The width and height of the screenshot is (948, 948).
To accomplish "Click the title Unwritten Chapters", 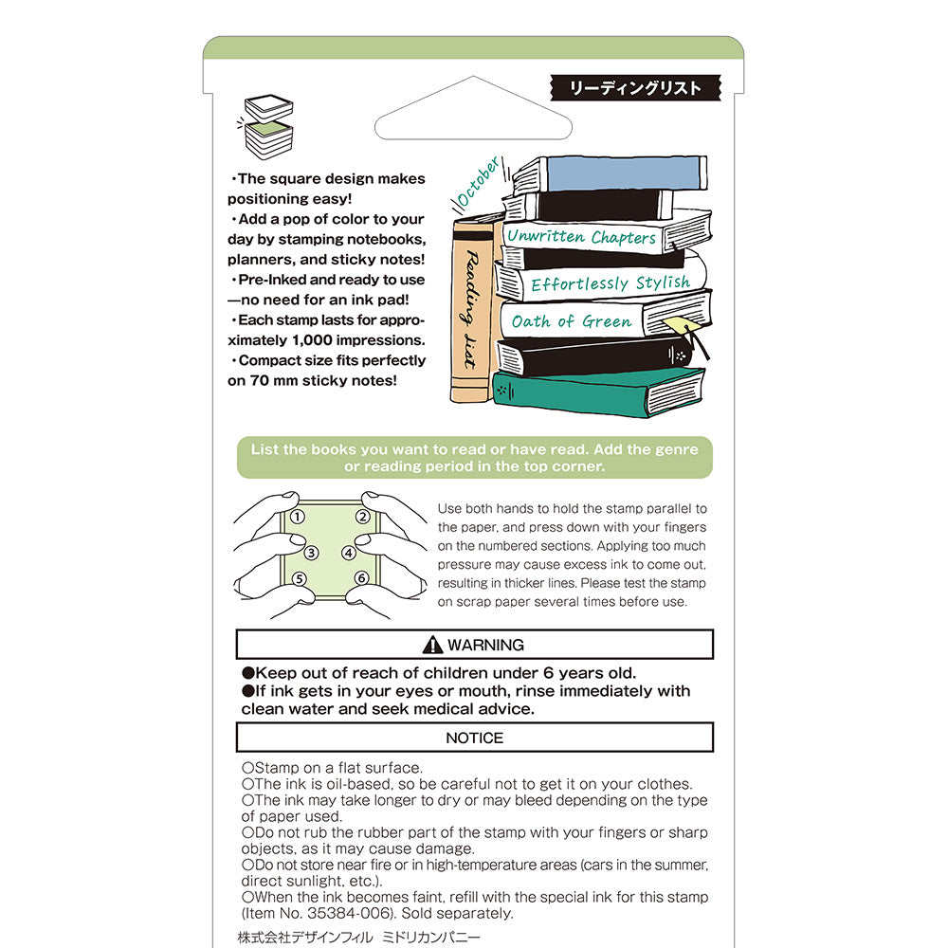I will coord(581,237).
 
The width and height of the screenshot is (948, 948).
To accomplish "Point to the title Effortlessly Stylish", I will coord(610,283).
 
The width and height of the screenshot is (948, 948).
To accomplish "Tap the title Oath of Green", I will coord(571,321).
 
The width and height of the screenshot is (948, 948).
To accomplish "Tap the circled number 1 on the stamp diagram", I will coord(298,517).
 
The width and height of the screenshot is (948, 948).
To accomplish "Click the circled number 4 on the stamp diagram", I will coord(349,553).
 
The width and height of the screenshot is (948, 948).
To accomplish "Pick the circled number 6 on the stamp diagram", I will coord(361,578).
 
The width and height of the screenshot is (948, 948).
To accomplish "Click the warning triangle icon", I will coord(433,645).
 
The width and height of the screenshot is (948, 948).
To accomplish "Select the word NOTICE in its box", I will coord(474,738).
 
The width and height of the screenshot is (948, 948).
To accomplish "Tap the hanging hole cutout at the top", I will coord(474,117).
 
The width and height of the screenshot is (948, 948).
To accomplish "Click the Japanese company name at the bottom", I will coord(359,937).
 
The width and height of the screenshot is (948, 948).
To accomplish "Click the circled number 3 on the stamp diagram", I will coord(311,553).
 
